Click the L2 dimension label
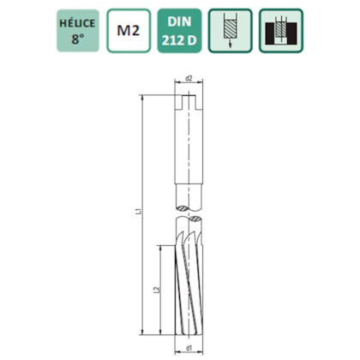point(155,291)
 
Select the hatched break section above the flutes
point(189,224)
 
